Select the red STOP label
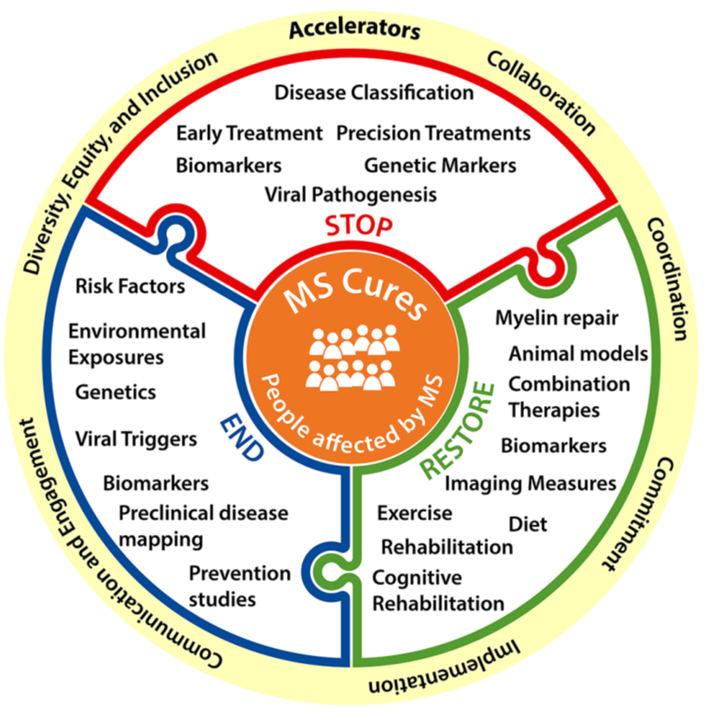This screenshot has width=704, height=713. [358, 226]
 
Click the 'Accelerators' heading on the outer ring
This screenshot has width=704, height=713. [354, 31]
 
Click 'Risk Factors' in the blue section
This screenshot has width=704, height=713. [130, 286]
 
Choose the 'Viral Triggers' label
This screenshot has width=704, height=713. [136, 439]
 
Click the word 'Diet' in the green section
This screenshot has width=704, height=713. [528, 523]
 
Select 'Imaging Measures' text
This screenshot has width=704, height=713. [531, 484]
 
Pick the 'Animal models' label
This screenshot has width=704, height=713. [579, 353]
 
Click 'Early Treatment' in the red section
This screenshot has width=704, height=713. [250, 133]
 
